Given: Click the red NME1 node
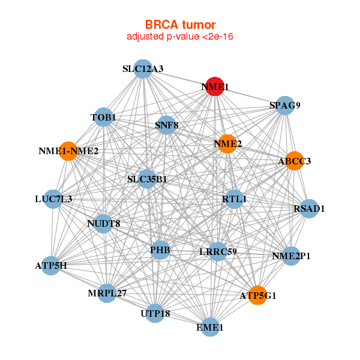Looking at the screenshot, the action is click(x=215, y=86).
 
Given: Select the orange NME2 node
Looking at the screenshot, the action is click(x=227, y=144).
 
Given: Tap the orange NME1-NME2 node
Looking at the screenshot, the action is click(x=68, y=151).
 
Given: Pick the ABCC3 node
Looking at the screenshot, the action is click(x=294, y=161).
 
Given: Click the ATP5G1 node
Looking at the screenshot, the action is click(x=257, y=295).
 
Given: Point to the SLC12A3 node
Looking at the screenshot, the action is click(x=143, y=69).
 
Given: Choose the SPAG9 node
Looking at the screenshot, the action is click(x=284, y=106).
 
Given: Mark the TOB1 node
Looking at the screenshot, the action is click(x=104, y=117).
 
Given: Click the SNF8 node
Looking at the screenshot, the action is click(x=166, y=125).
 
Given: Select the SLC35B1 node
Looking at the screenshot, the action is click(x=147, y=179).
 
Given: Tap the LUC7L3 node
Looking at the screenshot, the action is click(x=53, y=199).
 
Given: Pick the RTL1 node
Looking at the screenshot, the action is click(x=234, y=199).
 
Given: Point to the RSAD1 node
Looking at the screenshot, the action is click(x=309, y=208).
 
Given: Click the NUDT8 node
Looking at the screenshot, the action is click(x=104, y=224).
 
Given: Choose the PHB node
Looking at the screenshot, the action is click(x=160, y=250).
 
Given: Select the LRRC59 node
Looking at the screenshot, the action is click(x=218, y=251).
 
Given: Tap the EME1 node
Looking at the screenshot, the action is click(x=210, y=327).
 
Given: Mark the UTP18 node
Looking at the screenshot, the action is click(x=155, y=313).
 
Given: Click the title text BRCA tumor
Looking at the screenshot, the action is click(x=180, y=25).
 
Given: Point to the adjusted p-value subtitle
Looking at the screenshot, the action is click(x=180, y=37).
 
